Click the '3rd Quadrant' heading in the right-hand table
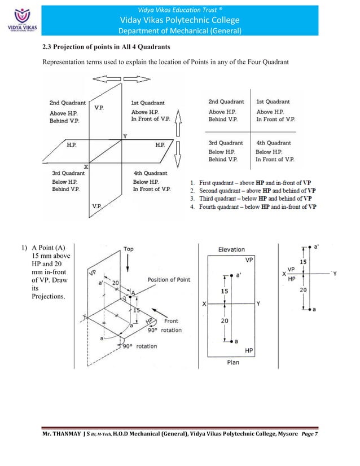click(226, 143)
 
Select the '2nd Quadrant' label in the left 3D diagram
click(68, 103)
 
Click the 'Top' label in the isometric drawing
click(129, 248)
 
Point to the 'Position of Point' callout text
click(169, 280)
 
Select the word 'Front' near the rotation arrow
click(171, 321)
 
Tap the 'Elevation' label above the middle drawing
click(231, 249)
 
